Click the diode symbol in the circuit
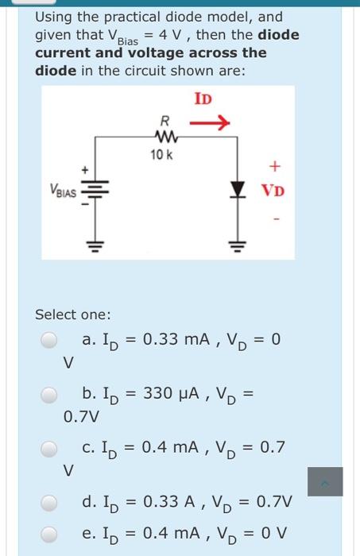click(235, 191)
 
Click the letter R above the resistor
click(164, 122)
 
